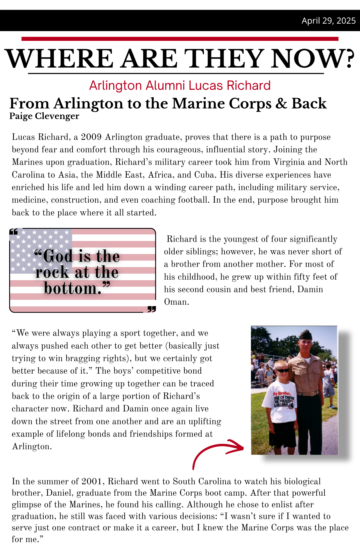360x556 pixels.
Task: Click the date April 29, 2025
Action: pyautogui.click(x=329, y=21)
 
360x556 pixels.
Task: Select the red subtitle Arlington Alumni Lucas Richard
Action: pyautogui.click(x=180, y=85)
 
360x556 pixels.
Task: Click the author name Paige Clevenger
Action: pyautogui.click(x=44, y=116)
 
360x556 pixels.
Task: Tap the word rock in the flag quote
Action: pyautogui.click(x=52, y=272)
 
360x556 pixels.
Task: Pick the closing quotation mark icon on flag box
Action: pyautogui.click(x=152, y=309)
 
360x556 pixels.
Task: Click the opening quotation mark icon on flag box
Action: pyautogui.click(x=14, y=231)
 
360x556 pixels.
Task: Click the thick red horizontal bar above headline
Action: pyautogui.click(x=180, y=39)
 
